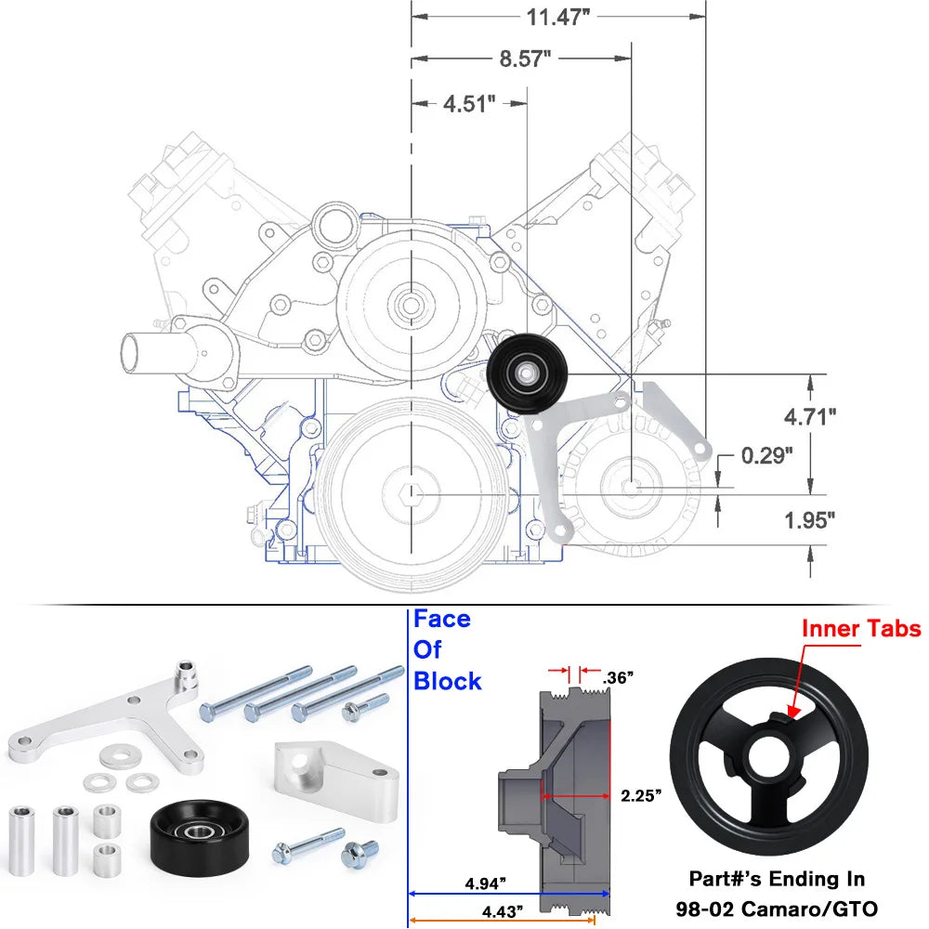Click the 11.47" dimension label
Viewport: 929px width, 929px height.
click(x=558, y=19)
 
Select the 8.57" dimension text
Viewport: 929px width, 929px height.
click(x=525, y=59)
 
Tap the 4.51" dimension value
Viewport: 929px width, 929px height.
click(x=469, y=103)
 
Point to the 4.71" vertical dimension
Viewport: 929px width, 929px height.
click(x=810, y=416)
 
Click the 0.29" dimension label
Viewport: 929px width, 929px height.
click(x=767, y=456)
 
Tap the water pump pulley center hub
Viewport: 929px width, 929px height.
click(x=410, y=304)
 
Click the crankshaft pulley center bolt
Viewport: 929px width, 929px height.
click(x=410, y=491)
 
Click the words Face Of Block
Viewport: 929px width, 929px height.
click(x=447, y=650)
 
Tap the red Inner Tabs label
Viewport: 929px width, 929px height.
click(x=861, y=630)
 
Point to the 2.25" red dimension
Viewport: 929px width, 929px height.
click(x=641, y=795)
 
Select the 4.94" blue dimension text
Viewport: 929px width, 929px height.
click(x=488, y=882)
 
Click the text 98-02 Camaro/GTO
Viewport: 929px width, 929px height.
click(x=777, y=907)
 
